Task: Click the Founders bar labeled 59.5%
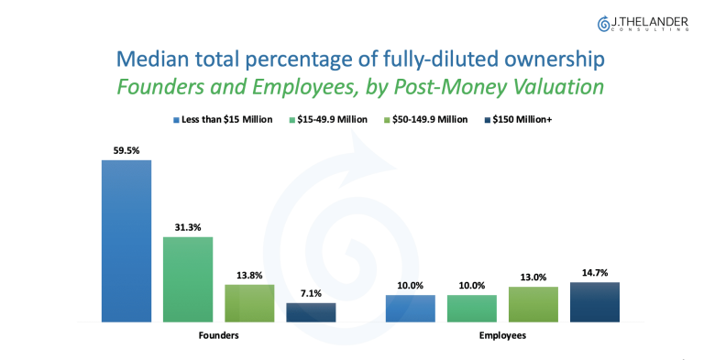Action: [x=126, y=241]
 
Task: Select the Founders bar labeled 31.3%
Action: [x=188, y=279]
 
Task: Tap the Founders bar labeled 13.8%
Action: [x=249, y=303]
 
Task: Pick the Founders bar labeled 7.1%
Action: [x=311, y=312]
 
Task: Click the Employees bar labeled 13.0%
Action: [x=533, y=304]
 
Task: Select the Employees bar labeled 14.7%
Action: [x=595, y=302]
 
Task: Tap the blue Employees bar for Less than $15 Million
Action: [x=411, y=309]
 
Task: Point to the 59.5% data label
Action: [x=126, y=151]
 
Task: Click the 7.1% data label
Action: [x=311, y=293]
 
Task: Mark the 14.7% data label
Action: [x=595, y=273]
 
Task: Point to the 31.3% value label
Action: [x=188, y=227]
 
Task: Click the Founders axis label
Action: [x=219, y=335]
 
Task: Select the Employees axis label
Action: [x=502, y=335]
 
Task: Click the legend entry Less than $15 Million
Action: [x=223, y=119]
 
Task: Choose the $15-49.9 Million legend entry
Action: [x=328, y=119]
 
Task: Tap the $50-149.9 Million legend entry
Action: [x=425, y=119]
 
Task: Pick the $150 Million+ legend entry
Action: [x=518, y=119]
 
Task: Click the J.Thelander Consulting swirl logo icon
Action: [x=603, y=24]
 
